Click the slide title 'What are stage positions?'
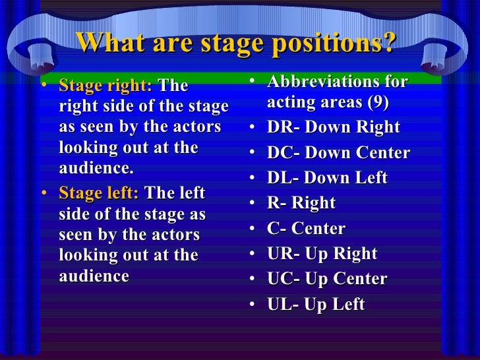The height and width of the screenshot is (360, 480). pyautogui.click(x=236, y=44)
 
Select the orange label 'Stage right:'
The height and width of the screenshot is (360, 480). pyautogui.click(x=105, y=86)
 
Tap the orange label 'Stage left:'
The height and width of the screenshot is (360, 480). pyautogui.click(x=99, y=193)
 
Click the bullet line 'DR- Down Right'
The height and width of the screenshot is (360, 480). pyautogui.click(x=333, y=128)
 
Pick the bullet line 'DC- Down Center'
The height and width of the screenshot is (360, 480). pyautogui.click(x=338, y=153)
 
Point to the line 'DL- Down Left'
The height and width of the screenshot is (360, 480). pyautogui.click(x=327, y=178)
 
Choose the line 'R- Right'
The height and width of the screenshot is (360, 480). pyautogui.click(x=301, y=204)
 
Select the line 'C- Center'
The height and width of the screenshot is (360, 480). pyautogui.click(x=306, y=229)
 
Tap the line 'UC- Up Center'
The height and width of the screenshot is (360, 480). pyautogui.click(x=327, y=279)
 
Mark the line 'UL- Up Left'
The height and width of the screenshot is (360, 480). pyautogui.click(x=316, y=305)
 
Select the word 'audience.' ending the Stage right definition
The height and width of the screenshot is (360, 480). pyautogui.click(x=96, y=168)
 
